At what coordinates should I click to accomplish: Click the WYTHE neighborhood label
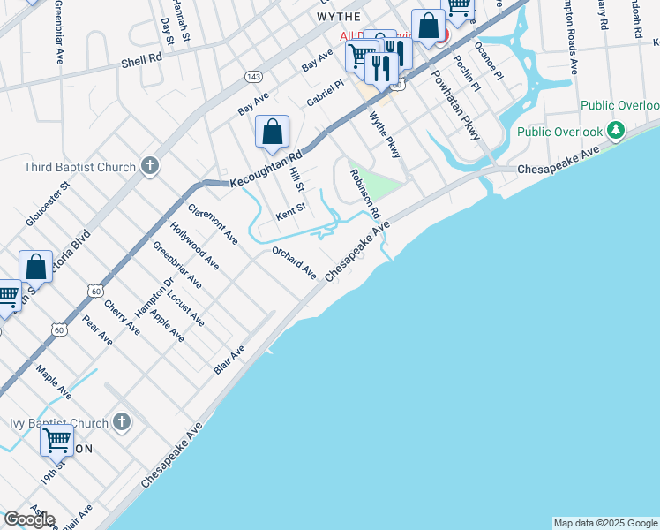click(x=338, y=17)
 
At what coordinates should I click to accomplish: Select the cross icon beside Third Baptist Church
click(x=150, y=166)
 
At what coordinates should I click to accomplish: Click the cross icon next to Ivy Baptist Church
click(x=122, y=423)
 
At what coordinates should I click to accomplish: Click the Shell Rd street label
click(x=142, y=60)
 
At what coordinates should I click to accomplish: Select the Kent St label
click(x=290, y=212)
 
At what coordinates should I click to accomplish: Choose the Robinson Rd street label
click(x=364, y=194)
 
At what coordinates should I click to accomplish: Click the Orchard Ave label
click(x=294, y=262)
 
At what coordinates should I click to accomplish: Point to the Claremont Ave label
click(x=213, y=223)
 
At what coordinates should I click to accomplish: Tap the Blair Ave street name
click(x=229, y=360)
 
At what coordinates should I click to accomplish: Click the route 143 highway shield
click(x=253, y=77)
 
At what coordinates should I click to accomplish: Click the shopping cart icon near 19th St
click(x=57, y=438)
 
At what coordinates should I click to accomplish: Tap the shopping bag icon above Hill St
click(x=273, y=132)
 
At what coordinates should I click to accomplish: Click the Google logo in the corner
click(x=29, y=519)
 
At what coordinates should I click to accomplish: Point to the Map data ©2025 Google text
click(x=605, y=523)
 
